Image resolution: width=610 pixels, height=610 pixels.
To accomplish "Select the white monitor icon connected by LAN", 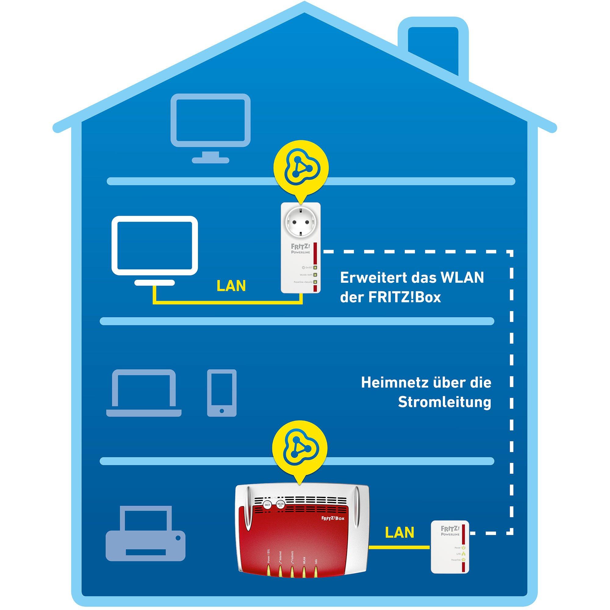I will (x=155, y=246).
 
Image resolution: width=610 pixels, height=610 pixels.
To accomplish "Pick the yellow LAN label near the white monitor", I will (x=231, y=286).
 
